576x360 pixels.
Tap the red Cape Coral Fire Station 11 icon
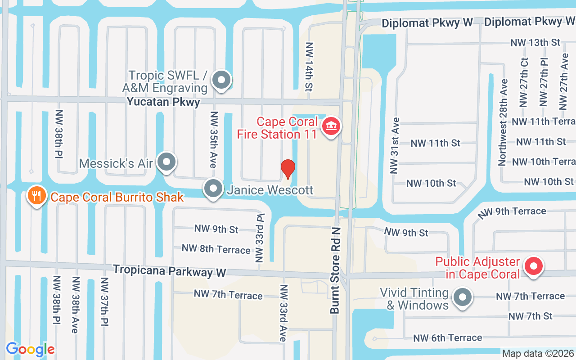331,127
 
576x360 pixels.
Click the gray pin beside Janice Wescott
213,189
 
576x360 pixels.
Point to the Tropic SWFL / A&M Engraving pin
220,81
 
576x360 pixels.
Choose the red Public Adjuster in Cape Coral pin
533,266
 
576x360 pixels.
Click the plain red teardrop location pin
288,169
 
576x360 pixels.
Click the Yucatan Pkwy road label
163,102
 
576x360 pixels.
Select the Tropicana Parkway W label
169,271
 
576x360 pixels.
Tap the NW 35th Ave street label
214,139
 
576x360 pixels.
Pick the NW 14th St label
309,67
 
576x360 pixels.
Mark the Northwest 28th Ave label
503,122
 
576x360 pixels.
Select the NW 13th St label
535,43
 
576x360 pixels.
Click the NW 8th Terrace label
216,249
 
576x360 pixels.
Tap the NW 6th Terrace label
447,338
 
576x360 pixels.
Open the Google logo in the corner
30,349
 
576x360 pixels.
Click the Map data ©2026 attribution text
538,354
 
